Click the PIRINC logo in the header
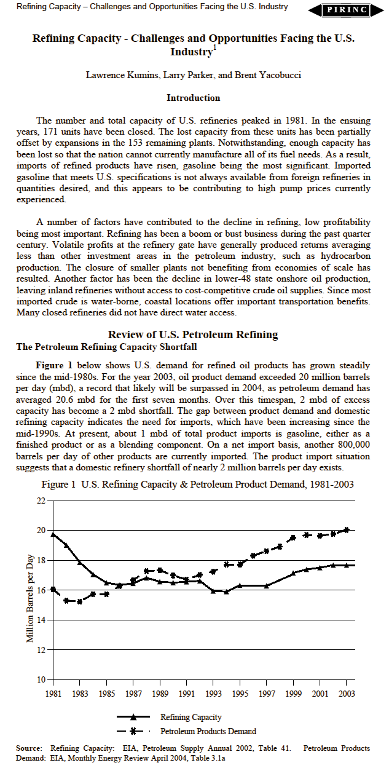tap(348, 10)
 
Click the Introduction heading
tap(194, 98)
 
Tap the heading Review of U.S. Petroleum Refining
tap(193, 335)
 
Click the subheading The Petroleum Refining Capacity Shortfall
tap(106, 347)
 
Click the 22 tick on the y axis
tap(41, 501)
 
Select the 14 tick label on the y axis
tap(41, 620)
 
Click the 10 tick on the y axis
tap(41, 679)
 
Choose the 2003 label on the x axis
tap(347, 693)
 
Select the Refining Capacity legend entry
tap(191, 717)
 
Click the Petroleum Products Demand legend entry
tap(208, 731)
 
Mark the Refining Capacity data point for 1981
tap(53, 534)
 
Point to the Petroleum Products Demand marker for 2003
tap(347, 529)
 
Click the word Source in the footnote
tap(28, 748)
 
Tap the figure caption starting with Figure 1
tap(197, 485)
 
